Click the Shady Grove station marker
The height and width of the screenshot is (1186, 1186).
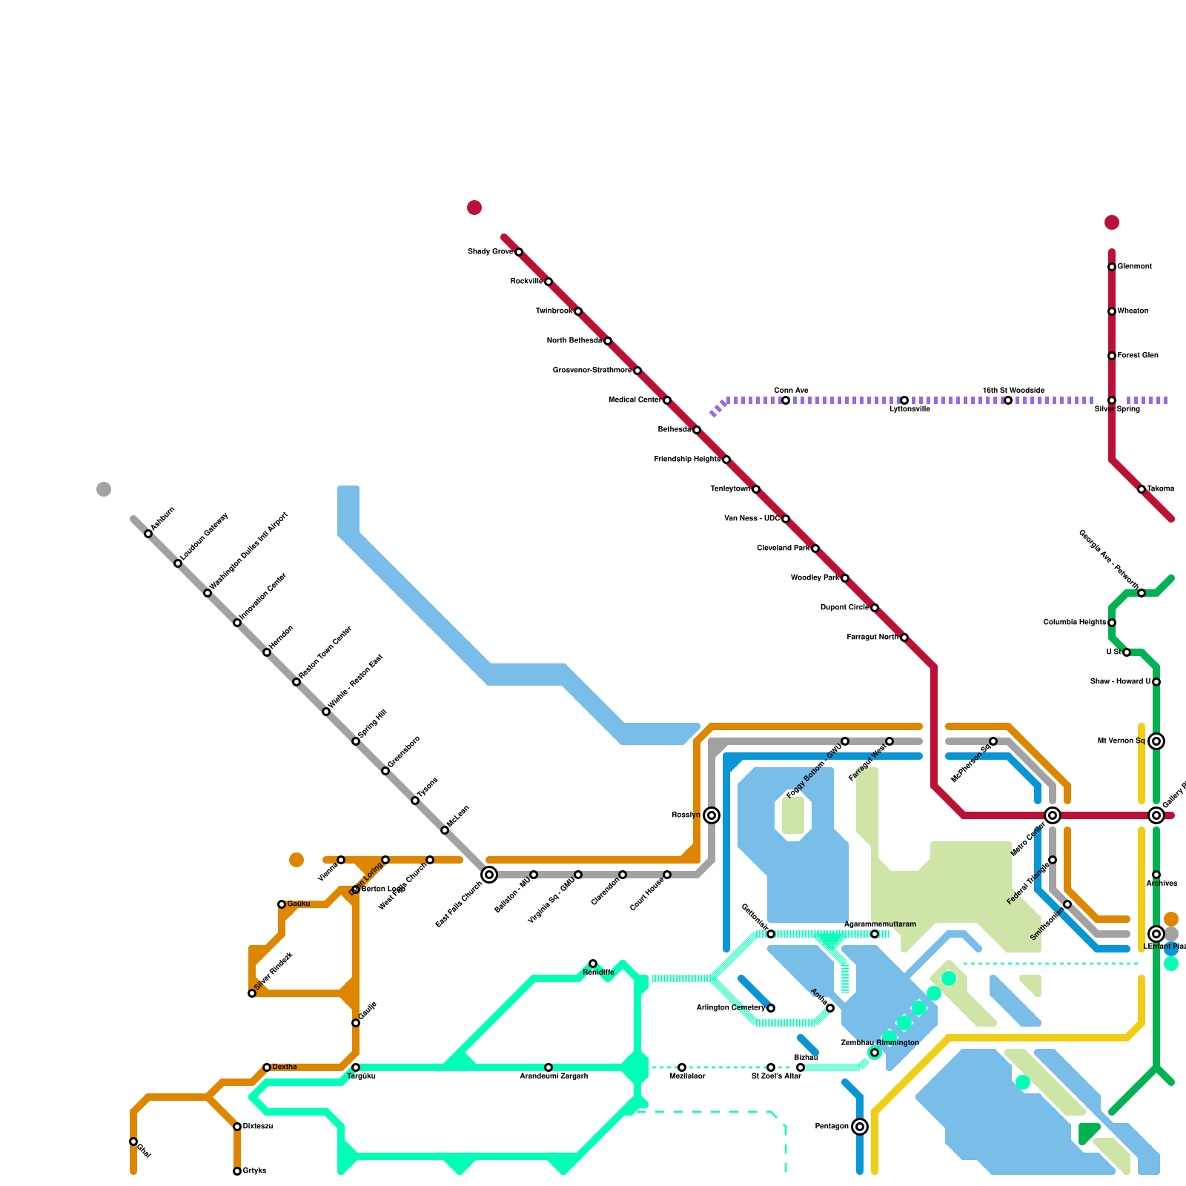tap(519, 252)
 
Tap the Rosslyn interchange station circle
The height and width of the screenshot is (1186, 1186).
tap(712, 815)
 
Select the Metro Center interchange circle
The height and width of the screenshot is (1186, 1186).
tap(1053, 815)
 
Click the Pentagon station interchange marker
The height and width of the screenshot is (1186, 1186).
tap(860, 1127)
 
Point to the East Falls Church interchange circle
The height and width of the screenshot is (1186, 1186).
tap(489, 875)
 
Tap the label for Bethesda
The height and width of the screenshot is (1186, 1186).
tap(675, 430)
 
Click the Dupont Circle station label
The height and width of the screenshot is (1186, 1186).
tap(844, 608)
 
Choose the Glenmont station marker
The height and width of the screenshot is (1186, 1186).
tap(1112, 267)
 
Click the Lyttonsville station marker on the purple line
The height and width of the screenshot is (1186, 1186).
tap(904, 400)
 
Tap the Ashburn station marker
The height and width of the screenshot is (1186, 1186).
tap(148, 534)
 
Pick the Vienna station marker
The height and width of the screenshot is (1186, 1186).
tap(341, 860)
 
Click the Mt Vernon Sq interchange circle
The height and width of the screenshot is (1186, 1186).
tap(1156, 741)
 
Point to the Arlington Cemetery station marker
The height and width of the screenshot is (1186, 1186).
tap(771, 1008)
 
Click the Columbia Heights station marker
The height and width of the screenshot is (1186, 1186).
tap(1112, 623)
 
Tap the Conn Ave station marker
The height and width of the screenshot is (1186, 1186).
tap(786, 400)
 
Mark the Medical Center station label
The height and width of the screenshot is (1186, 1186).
tap(635, 400)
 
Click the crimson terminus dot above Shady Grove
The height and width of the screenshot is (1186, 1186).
tap(474, 208)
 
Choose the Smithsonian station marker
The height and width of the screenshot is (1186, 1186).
tap(1067, 904)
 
